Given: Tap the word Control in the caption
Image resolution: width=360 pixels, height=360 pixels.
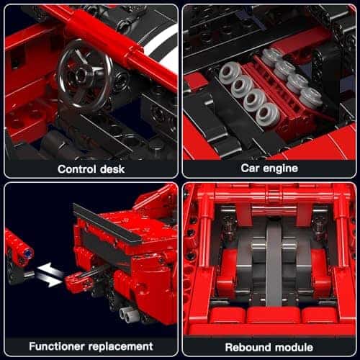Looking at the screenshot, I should tap(73, 169).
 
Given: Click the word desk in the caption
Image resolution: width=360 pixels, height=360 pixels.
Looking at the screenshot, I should tap(110, 169).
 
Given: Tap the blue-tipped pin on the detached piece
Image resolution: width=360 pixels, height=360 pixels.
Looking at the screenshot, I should tap(27, 252).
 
